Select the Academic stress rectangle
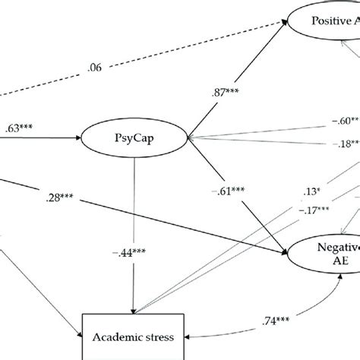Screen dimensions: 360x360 click(x=134, y=334)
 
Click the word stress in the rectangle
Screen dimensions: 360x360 click(x=156, y=334)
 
